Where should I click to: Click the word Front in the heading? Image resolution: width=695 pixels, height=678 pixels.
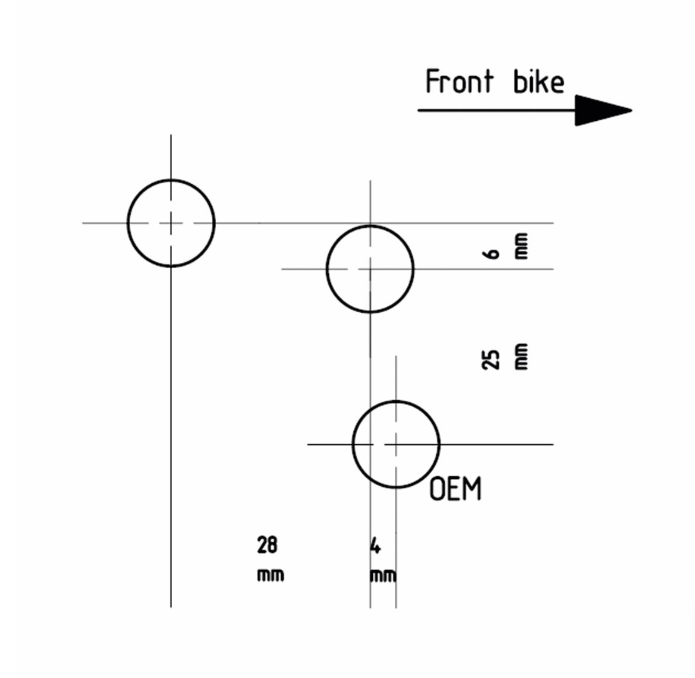tap(458, 82)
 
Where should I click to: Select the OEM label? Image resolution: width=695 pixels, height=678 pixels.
tap(456, 490)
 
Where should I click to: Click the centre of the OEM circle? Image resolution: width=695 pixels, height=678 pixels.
tap(396, 444)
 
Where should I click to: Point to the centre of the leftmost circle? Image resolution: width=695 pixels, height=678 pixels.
tap(171, 222)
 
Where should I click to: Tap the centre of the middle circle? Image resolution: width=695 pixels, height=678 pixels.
tap(370, 269)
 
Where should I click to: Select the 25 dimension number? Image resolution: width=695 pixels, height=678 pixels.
tap(490, 359)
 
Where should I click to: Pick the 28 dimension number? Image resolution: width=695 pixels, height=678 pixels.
tap(268, 546)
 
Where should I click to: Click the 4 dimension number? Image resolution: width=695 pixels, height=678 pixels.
tap(376, 546)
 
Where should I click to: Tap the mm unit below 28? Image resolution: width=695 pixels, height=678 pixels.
tap(270, 574)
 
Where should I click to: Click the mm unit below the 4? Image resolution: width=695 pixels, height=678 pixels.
tap(382, 575)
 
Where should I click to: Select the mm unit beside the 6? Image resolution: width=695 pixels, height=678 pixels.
tap(521, 246)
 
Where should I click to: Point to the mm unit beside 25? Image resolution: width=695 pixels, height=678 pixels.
tap(521, 357)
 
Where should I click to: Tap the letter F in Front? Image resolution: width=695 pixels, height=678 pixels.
tap(431, 82)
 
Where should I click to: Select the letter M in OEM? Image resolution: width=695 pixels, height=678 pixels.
tap(473, 490)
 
